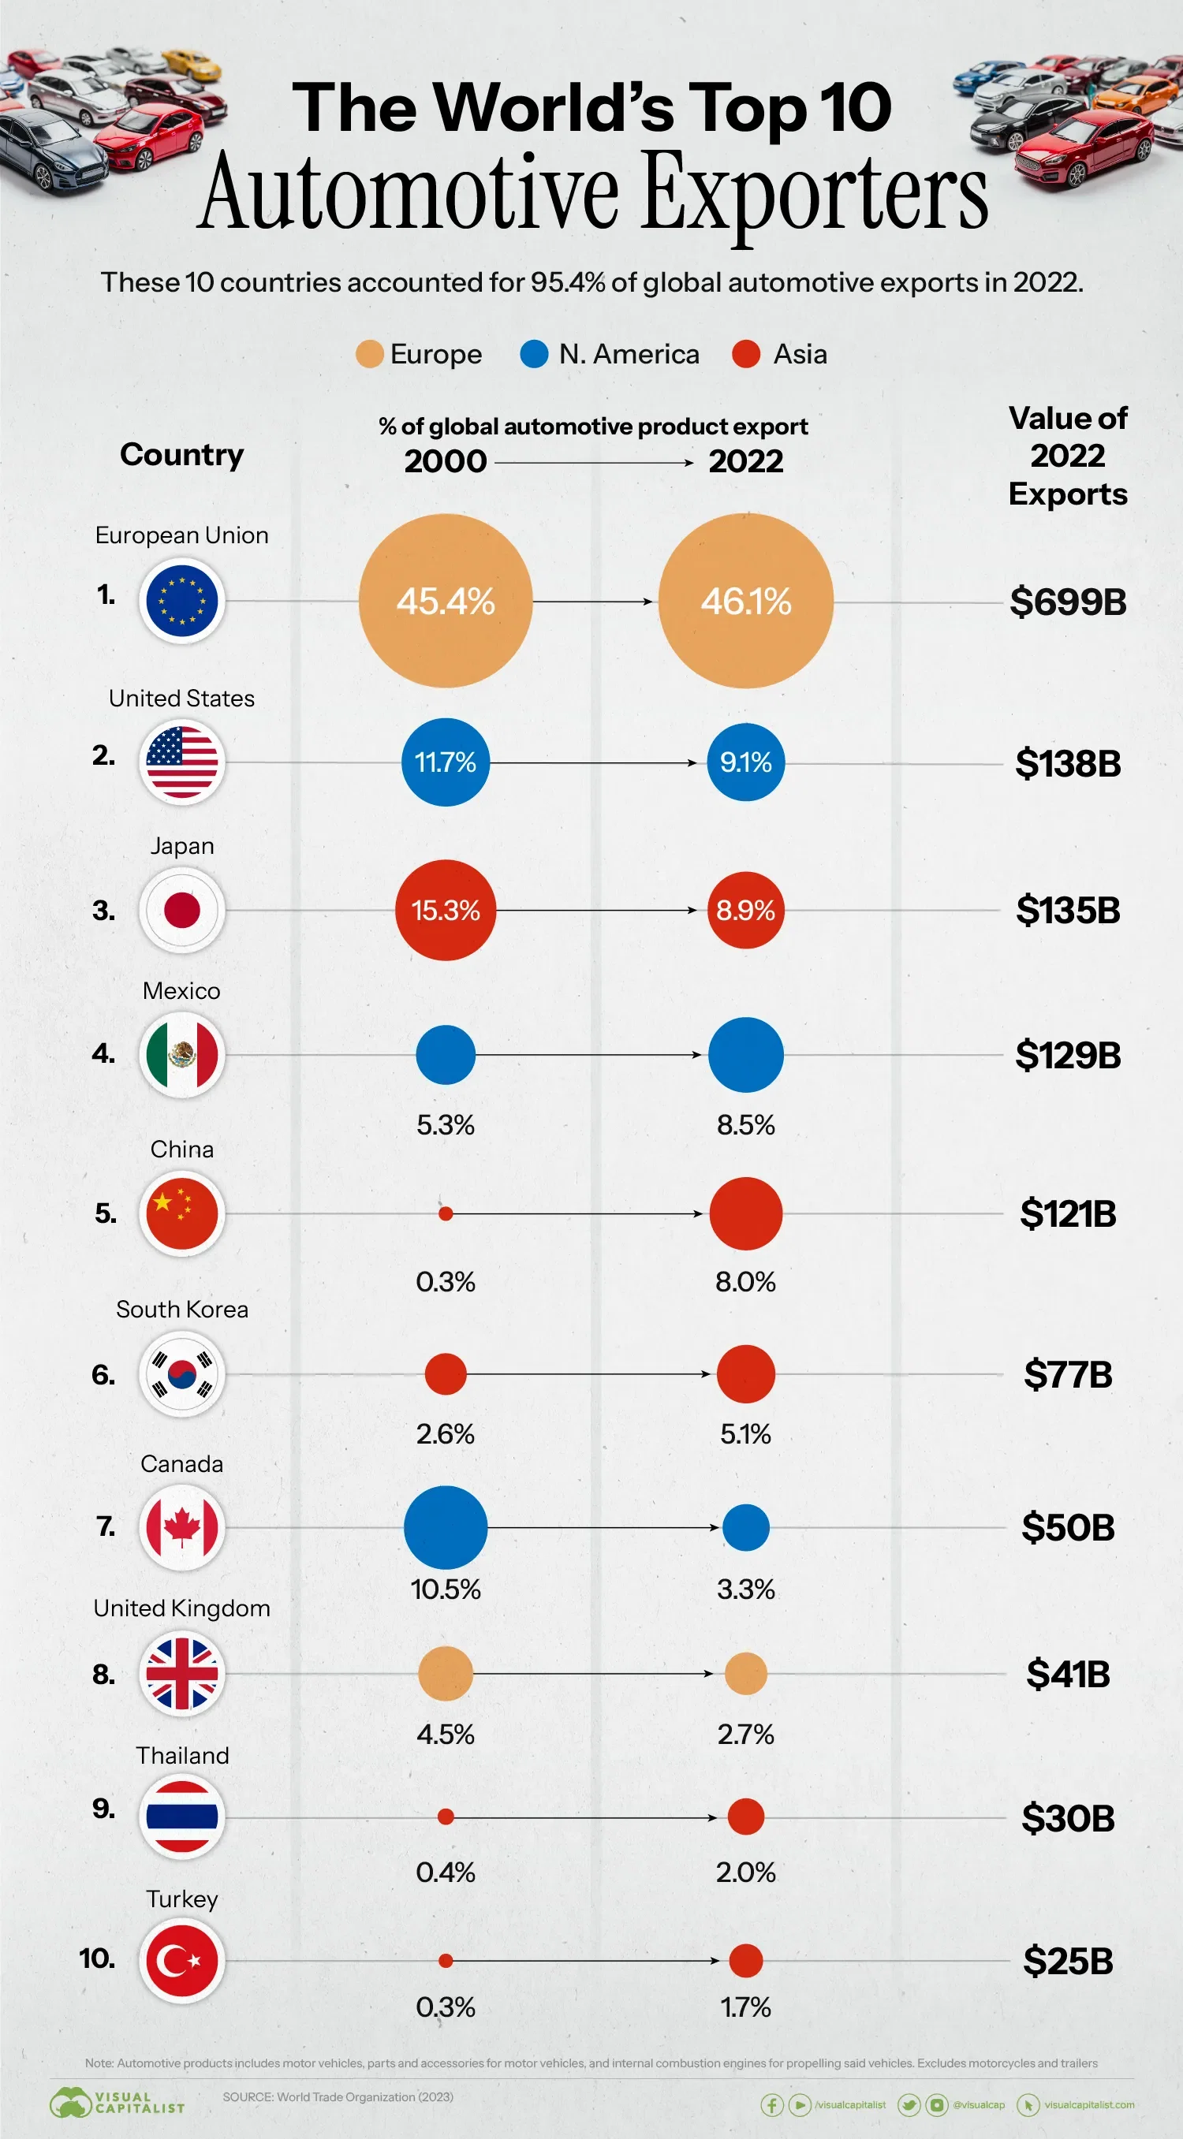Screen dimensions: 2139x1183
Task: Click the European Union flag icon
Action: (182, 600)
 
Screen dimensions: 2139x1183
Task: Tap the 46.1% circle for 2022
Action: (745, 600)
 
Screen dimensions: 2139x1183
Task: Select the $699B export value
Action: (1068, 602)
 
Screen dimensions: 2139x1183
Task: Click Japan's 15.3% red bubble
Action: (446, 910)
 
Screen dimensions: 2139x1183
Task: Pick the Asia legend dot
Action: (746, 355)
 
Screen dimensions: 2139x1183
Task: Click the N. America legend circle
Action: (534, 355)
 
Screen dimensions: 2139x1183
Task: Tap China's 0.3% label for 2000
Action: (446, 1281)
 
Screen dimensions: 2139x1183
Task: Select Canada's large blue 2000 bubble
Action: (446, 1527)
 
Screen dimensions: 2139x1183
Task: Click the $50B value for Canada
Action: (1068, 1528)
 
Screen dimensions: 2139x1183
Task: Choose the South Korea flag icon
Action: (182, 1373)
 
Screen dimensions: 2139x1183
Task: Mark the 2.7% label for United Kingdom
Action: (745, 1734)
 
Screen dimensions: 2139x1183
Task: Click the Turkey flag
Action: (182, 1961)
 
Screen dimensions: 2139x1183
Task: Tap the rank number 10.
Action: (97, 1958)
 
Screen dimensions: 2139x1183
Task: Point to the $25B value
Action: (1068, 1962)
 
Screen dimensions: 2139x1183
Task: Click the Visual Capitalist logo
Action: (116, 2104)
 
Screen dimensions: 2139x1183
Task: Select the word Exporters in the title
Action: (815, 192)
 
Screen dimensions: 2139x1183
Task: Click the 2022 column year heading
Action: (745, 462)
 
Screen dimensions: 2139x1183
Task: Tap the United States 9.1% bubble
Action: (745, 762)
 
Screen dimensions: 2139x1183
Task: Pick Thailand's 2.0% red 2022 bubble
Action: (745, 1817)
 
